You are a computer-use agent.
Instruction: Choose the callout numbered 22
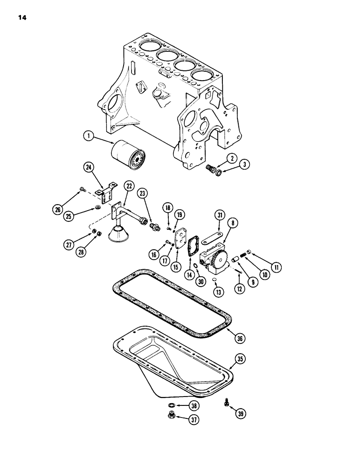pos(127,186)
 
